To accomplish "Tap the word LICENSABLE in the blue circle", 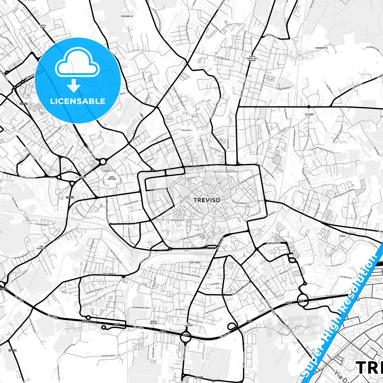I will [x=78, y=101].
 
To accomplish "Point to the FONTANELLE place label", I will [x=127, y=16].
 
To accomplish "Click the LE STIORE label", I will [x=81, y=177].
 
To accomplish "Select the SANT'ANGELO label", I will [x=109, y=274].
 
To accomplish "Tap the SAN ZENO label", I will [x=195, y=263].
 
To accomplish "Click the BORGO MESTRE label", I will [x=153, y=323].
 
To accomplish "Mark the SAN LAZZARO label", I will [x=189, y=324].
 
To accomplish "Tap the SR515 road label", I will [x=70, y=197].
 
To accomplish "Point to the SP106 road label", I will [x=12, y=350].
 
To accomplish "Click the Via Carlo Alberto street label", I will [x=240, y=203].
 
